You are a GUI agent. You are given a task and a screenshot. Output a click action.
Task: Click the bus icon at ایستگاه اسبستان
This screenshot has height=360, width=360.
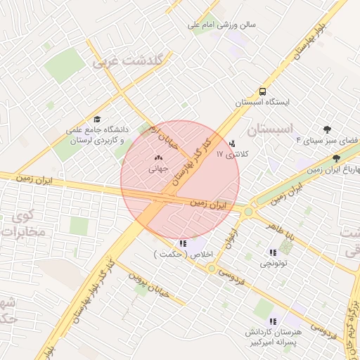tap(262, 91)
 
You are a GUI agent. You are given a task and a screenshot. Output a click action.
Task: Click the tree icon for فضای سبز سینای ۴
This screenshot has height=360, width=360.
tap(327, 129)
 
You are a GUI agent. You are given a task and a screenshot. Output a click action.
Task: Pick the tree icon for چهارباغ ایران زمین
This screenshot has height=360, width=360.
tap(337, 159)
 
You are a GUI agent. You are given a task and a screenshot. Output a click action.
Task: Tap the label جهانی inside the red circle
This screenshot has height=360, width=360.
tap(157, 169)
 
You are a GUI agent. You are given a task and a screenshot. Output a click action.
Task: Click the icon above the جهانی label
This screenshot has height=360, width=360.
tap(157, 157)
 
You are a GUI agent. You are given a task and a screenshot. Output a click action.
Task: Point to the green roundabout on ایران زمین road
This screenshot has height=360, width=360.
tap(248, 210)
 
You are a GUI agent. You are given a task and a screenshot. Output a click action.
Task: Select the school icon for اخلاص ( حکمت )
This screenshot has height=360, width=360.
tap(184, 243)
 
